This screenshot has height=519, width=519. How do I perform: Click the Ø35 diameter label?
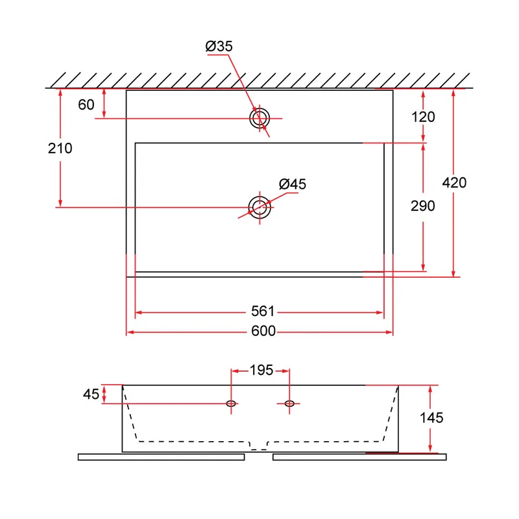[219, 46]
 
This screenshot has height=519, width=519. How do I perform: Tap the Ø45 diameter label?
[293, 184]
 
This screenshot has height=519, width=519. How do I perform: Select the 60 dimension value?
[86, 104]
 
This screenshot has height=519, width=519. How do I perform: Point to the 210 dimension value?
[60, 148]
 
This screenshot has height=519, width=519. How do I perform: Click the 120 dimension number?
[423, 117]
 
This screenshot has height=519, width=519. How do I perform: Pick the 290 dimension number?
[423, 206]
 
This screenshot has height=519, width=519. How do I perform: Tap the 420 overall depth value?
[454, 182]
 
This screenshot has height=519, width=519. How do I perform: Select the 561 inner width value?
[263, 311]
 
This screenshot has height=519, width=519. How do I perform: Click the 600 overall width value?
[263, 331]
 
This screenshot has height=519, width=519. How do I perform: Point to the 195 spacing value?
[261, 370]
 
